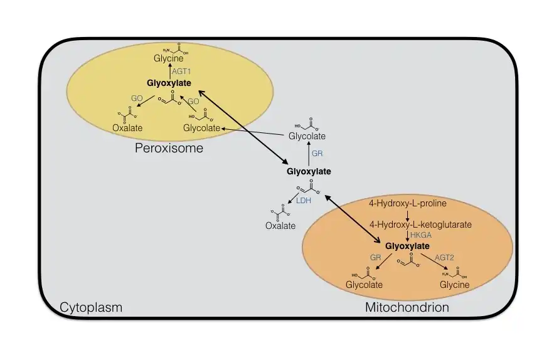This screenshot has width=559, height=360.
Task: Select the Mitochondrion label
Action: [x=407, y=307]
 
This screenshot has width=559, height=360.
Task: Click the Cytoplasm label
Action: [x=91, y=307]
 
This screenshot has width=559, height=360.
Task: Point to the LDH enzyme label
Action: [x=304, y=201]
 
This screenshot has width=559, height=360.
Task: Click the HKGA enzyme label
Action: [x=420, y=235]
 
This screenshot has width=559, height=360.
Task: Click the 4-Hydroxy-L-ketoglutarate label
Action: [x=412, y=224]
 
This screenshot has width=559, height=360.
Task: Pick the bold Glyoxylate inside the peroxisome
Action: [x=169, y=83]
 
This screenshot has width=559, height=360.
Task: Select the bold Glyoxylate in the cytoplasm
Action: [x=309, y=171]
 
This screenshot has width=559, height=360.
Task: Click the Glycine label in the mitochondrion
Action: [x=454, y=285]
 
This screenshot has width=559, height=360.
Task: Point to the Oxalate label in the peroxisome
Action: [x=127, y=129]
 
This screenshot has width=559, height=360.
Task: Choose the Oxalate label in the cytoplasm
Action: [x=280, y=226]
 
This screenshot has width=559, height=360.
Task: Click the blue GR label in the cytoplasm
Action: [x=317, y=153]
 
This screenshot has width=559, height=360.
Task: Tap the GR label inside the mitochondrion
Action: [x=375, y=257]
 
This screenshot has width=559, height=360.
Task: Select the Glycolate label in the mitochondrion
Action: [x=364, y=285]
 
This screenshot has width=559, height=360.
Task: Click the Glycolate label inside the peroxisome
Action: [x=201, y=129]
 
